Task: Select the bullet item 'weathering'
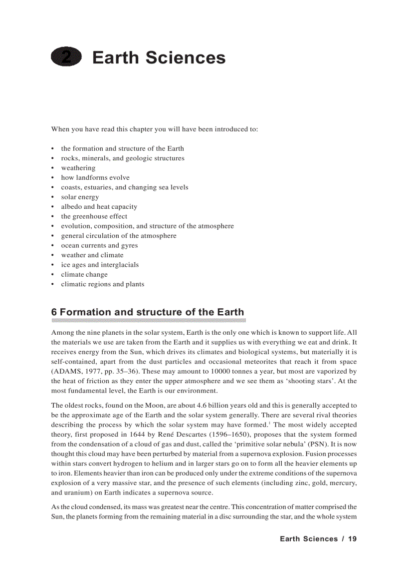pos(78,168)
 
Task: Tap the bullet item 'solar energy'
pos(80,197)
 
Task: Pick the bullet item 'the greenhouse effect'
pos(94,216)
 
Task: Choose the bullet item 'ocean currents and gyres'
pos(99,245)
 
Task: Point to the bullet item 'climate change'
pos(84,274)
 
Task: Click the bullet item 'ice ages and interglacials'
pos(100,265)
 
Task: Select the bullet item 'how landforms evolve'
pos(95,177)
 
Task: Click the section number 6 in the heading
pos(54,312)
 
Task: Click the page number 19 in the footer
pos(352,539)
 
